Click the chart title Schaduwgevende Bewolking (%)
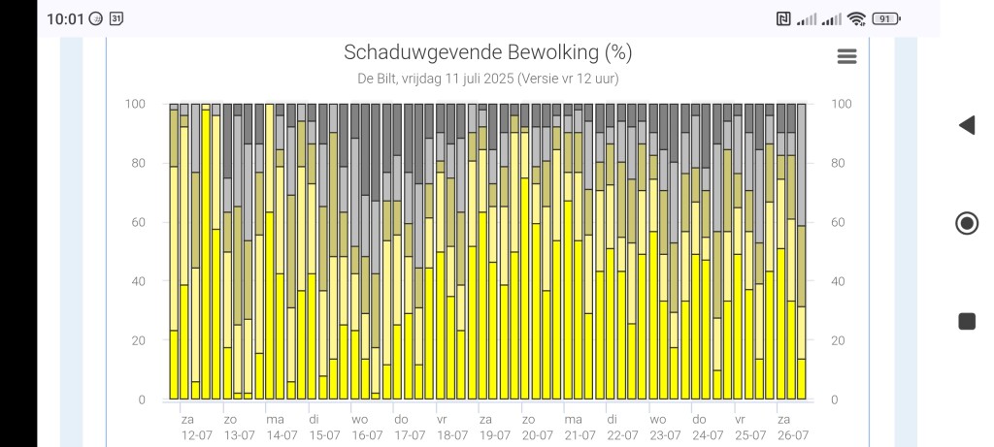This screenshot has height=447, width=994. pyautogui.click(x=487, y=52)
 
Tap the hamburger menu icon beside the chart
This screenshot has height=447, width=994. pyautogui.click(x=846, y=56)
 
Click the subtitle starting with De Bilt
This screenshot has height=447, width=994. pyautogui.click(x=487, y=79)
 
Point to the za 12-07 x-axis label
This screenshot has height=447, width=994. pyautogui.click(x=195, y=428)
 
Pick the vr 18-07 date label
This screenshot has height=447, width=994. pyautogui.click(x=450, y=428)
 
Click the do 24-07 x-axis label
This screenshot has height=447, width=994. pyautogui.click(x=705, y=428)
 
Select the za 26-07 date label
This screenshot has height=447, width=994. pyautogui.click(x=790, y=428)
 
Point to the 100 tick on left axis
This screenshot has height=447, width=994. pyautogui.click(x=135, y=104)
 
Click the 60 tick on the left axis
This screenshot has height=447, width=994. pyautogui.click(x=138, y=222)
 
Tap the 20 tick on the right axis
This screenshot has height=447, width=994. pyautogui.click(x=838, y=340)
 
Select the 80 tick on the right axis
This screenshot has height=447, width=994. pyautogui.click(x=838, y=163)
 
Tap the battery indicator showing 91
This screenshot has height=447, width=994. pyautogui.click(x=886, y=18)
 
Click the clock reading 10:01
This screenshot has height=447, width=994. pyautogui.click(x=65, y=18)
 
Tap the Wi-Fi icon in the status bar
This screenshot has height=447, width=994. pyautogui.click(x=856, y=18)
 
